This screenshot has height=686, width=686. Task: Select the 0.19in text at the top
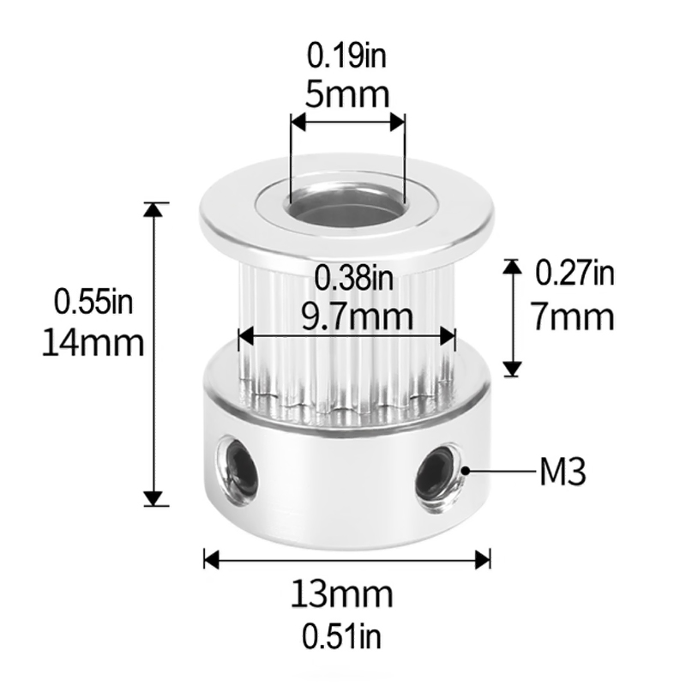pos(346,57)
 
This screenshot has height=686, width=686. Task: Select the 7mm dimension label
pos(573,317)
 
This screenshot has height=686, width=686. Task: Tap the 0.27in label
pos(575,274)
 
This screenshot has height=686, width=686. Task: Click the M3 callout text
pos(563,471)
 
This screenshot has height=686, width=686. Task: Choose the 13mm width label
pos(341,593)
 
